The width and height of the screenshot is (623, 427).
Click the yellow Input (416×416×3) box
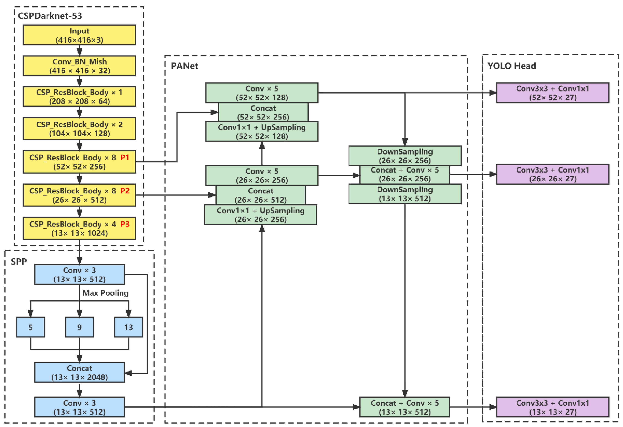click(x=79, y=35)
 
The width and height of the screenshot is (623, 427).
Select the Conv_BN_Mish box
click(x=79, y=66)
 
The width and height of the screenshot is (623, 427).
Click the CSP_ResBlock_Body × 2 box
click(x=79, y=129)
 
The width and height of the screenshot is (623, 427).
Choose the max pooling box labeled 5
click(x=30, y=327)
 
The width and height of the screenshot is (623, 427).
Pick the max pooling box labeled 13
click(x=128, y=327)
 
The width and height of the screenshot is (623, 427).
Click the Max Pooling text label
click(x=105, y=293)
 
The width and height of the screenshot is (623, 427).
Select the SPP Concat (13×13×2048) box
click(x=79, y=373)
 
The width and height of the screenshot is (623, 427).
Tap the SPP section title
click(x=19, y=262)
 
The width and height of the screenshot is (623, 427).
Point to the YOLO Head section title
click(x=512, y=66)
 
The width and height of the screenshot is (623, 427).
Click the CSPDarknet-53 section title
click(x=50, y=16)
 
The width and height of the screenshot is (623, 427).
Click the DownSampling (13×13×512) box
click(x=405, y=194)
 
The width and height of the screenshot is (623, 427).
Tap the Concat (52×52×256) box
click(x=263, y=112)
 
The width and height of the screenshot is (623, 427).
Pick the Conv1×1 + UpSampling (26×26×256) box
click(x=261, y=215)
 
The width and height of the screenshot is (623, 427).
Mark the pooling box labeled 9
click(x=79, y=327)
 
